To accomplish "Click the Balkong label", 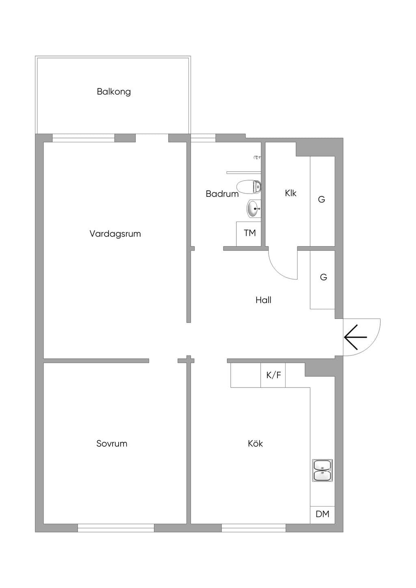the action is point(113,92).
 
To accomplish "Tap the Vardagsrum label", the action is point(115,233).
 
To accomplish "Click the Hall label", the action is point(263,300).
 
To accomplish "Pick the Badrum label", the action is point(222,194).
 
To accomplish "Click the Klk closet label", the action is point(290,193).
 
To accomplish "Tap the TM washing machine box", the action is point(249,234).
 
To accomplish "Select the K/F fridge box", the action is point(273,375).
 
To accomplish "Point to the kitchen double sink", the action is point(323,470).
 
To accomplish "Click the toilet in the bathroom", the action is point(249,187).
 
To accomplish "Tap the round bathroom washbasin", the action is point(254,209).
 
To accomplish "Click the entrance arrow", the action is point(355,337).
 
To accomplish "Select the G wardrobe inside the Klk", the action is point(323,201).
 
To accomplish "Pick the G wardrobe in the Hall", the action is point(323,280).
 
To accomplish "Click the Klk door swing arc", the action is point(279,271).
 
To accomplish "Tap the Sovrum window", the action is point(116,528).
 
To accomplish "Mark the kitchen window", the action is point(253,528).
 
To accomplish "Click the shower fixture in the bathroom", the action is point(257,157).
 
